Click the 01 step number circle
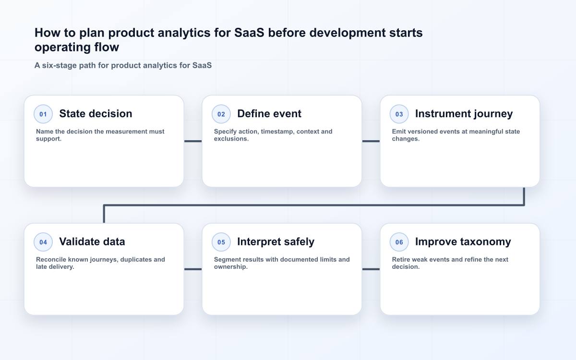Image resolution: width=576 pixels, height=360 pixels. [43, 114]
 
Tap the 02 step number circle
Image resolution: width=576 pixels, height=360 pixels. [221, 114]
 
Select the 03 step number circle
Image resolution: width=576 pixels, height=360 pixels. [399, 114]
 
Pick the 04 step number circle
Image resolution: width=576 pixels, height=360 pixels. [43, 242]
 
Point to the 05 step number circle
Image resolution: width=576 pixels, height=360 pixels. [221, 242]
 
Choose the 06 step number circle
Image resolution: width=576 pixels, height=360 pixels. [399, 242]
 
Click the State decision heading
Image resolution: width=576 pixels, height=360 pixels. [96, 114]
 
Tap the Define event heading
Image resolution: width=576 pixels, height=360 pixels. [269, 114]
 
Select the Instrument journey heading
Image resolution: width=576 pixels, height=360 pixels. [464, 114]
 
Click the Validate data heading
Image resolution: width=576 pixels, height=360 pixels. [92, 242]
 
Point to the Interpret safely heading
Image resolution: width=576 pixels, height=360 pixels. [276, 242]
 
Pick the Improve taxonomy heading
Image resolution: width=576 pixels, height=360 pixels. [463, 242]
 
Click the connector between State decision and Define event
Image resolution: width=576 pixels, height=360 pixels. [193, 141]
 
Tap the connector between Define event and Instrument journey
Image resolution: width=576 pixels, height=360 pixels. [371, 141]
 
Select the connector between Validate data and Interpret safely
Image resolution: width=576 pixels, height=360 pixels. [193, 269]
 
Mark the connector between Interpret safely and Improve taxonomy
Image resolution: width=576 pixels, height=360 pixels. [371, 269]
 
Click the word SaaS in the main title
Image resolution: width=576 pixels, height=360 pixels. [249, 33]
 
